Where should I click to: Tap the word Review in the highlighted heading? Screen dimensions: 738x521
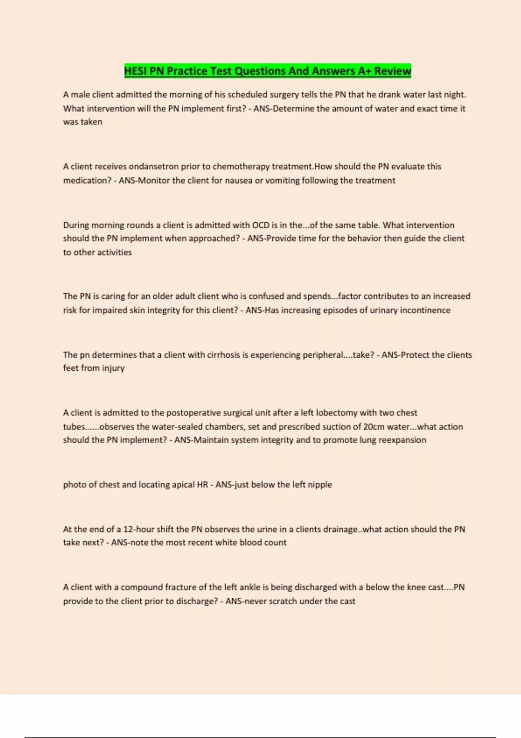[392, 71]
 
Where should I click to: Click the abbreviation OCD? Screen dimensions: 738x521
[260, 225]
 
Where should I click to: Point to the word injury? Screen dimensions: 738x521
[113, 369]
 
